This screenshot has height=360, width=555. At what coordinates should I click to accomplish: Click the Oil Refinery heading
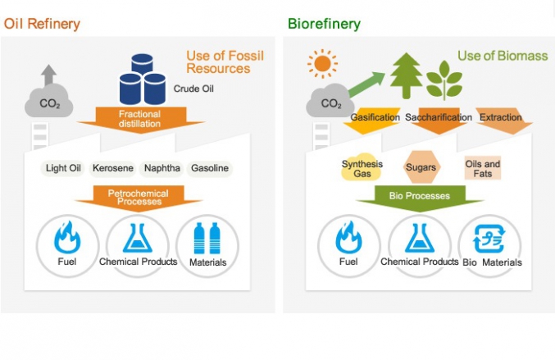42,23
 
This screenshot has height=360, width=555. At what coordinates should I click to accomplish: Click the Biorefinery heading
324,23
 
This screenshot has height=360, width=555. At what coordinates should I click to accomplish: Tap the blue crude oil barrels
142,78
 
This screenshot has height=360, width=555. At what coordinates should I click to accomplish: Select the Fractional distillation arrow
139,118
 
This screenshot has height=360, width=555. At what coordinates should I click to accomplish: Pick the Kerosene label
113,168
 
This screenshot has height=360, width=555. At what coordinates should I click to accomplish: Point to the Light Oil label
64,168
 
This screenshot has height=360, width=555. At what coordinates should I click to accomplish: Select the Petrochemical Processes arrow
138,198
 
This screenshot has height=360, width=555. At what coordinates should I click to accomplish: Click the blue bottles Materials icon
206,239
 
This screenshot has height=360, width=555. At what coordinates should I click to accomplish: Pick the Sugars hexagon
421,167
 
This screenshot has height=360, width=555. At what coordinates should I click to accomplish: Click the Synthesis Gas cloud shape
362,169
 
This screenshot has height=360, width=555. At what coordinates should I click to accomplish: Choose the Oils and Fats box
482,169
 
